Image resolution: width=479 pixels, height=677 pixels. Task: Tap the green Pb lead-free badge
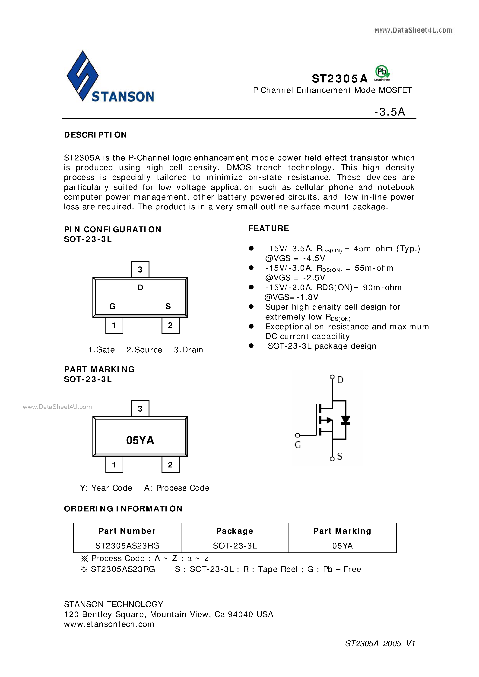click(382, 72)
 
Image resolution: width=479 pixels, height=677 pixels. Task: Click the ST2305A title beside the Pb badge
click(340, 79)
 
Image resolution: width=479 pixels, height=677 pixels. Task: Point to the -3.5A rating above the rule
click(390, 112)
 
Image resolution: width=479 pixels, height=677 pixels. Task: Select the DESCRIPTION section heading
click(95, 135)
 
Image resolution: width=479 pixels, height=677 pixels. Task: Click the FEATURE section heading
click(269, 228)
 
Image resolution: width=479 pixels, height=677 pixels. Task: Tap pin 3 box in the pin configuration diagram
click(140, 269)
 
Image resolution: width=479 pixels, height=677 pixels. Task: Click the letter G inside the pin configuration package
click(112, 306)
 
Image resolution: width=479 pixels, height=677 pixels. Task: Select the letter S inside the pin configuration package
click(168, 306)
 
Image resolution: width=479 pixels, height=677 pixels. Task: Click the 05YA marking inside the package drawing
click(140, 440)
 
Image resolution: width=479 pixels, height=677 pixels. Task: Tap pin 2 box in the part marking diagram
click(170, 465)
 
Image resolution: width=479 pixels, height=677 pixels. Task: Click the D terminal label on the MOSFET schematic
click(340, 380)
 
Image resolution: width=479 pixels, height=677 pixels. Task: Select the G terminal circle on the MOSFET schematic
click(298, 435)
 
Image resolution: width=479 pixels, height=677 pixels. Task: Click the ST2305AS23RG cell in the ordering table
click(127, 546)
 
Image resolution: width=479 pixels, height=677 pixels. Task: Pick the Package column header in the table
click(235, 531)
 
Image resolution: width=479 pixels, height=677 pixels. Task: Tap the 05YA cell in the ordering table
click(342, 546)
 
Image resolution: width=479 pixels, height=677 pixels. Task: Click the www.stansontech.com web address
click(109, 624)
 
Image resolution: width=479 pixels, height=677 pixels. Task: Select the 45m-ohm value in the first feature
click(373, 249)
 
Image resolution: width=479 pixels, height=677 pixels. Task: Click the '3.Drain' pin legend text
click(188, 350)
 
